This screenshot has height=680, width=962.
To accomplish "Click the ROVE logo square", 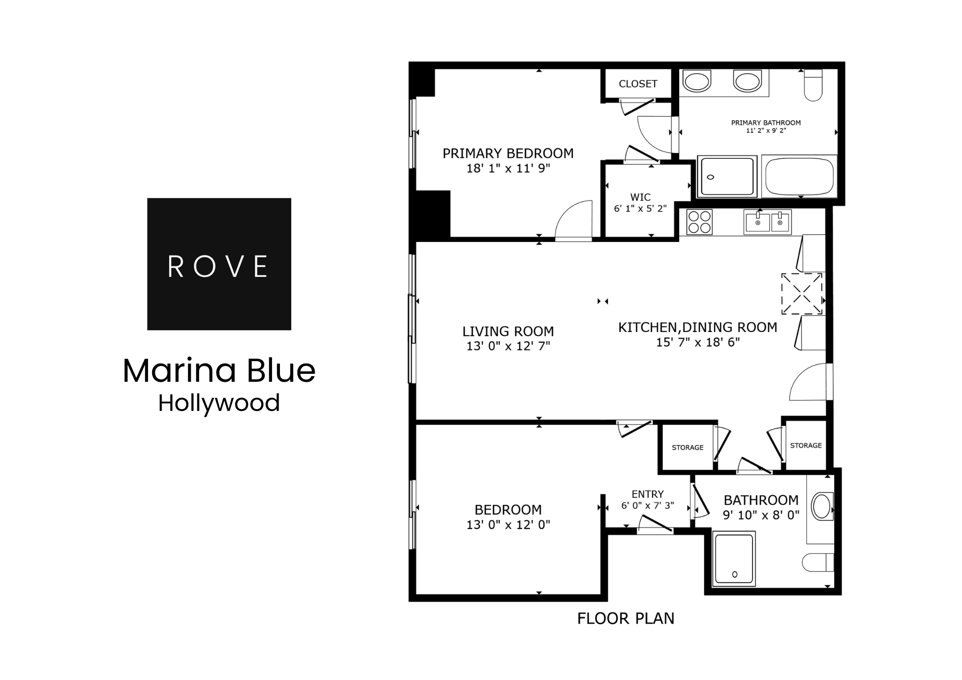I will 219,264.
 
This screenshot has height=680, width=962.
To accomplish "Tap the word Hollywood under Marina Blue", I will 219,403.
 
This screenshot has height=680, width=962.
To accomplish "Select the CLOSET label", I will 637,84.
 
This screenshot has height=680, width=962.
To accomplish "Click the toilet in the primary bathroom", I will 813,85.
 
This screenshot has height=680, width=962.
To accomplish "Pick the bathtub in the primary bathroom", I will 799,177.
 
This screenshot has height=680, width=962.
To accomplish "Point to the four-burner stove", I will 699,222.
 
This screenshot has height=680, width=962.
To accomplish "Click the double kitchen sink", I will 768,222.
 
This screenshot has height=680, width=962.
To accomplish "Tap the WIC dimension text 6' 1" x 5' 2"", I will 640,209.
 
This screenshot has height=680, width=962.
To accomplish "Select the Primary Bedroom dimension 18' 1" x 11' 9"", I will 508,168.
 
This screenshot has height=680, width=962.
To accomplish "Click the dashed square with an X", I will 801,294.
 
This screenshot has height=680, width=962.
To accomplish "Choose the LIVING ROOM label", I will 508,331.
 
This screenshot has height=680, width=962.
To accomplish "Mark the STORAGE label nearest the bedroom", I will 687,448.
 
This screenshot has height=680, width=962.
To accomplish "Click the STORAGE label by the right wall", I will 806,445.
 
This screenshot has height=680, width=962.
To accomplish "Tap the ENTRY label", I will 647,494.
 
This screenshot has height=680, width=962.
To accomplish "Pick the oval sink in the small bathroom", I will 822,506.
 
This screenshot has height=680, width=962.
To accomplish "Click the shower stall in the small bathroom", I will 734,559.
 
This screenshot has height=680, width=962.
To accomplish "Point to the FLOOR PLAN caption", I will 625,618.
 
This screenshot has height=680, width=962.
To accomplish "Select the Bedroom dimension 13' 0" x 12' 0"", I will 508,525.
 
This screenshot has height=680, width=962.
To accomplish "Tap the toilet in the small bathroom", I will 817,562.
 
